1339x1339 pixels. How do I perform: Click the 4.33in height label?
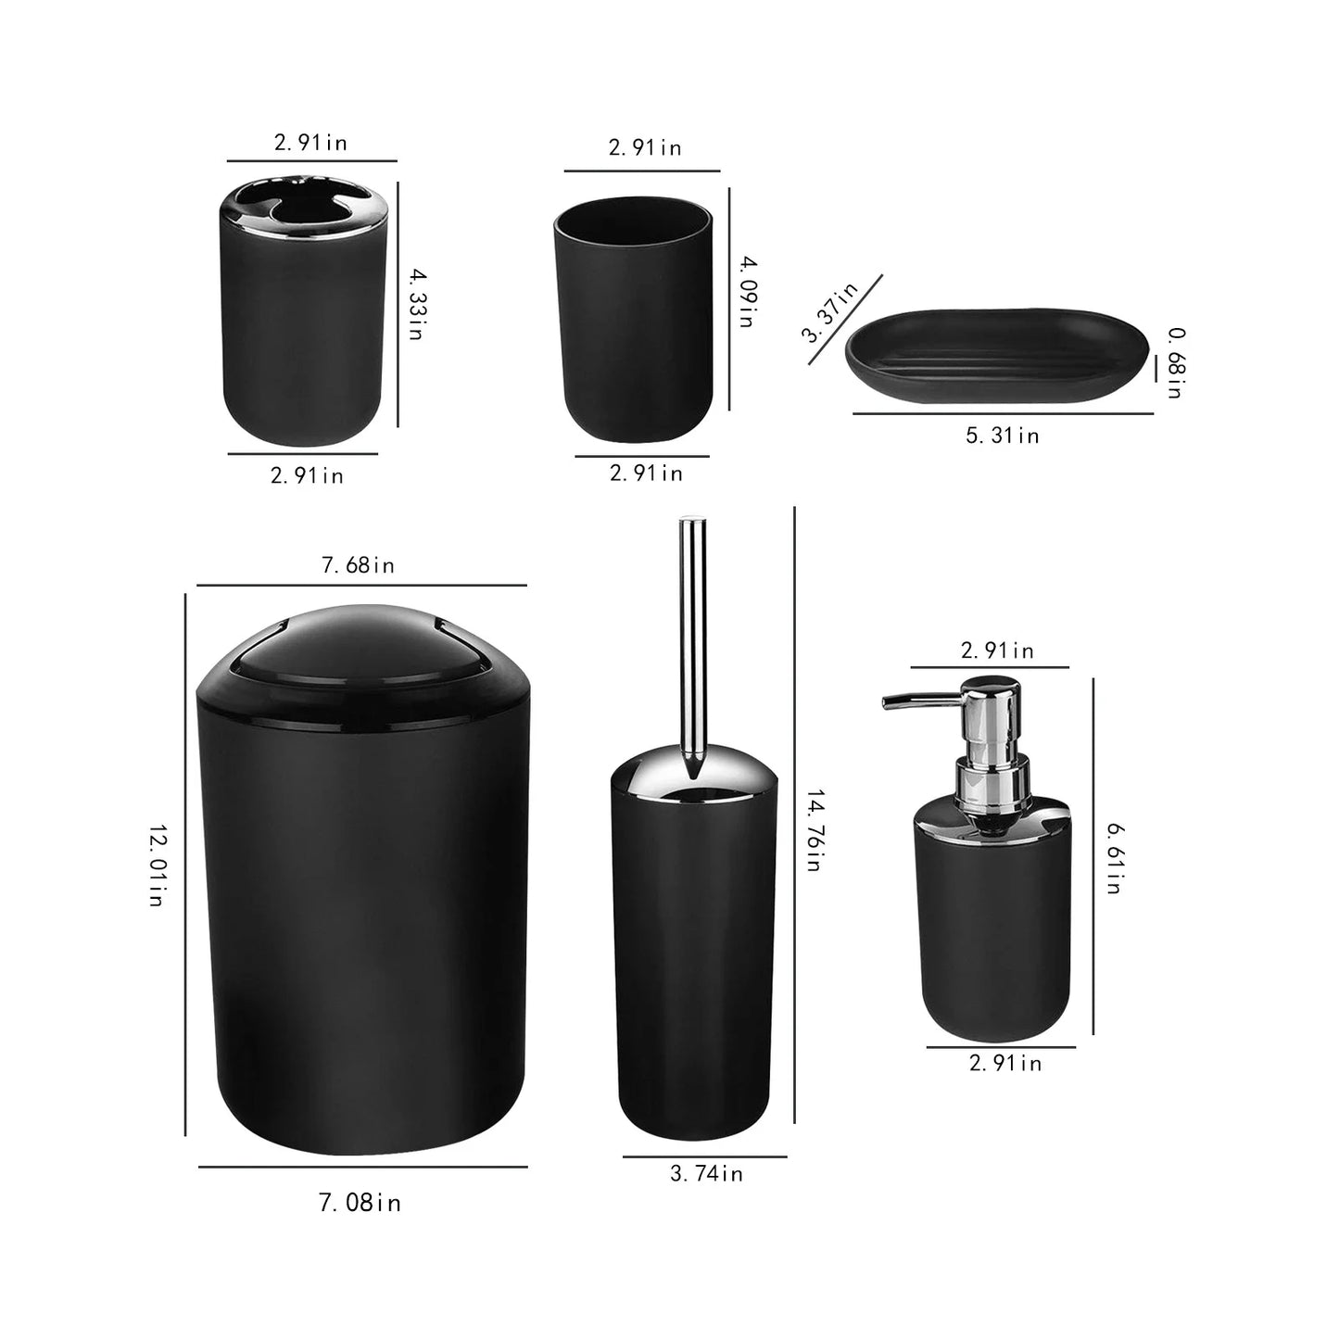pos(417,304)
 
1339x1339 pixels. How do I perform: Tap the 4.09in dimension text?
pos(749,291)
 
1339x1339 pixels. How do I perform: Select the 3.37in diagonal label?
pos(829,312)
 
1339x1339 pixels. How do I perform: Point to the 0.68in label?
pos(1176,362)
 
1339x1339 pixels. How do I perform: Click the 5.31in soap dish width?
pos(1002,436)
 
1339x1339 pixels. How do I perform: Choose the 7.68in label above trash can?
pos(358,565)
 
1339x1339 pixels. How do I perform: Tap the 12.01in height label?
pos(158,865)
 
